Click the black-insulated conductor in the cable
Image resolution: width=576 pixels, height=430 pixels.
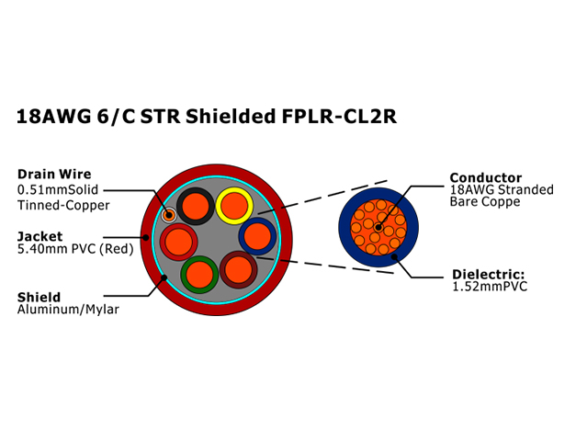[x=196, y=206]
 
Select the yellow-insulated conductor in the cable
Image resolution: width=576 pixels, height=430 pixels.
[x=234, y=206]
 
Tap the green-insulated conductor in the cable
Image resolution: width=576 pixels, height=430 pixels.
[x=199, y=275]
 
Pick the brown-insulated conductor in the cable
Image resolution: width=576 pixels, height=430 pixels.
[x=238, y=270]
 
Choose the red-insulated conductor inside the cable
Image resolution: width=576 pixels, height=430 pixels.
[x=178, y=243]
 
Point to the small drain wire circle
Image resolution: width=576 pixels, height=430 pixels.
[x=169, y=215]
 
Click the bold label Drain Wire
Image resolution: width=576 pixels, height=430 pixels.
[x=54, y=175]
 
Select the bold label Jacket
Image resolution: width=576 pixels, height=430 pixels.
[x=40, y=236]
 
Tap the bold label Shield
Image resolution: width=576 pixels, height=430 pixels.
[x=39, y=297]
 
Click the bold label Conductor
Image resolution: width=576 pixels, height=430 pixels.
[x=486, y=178]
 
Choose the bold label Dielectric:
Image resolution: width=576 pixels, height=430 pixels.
[x=489, y=274]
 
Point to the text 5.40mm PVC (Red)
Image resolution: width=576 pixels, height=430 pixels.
[x=75, y=249]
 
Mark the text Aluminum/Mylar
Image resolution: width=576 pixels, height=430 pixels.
[x=68, y=310]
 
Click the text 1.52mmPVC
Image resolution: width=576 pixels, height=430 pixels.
[x=490, y=287]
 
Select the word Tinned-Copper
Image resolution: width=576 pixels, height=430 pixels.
[x=63, y=205]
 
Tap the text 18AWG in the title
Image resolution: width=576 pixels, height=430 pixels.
[x=53, y=117]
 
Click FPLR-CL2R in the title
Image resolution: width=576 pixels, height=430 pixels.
[x=339, y=117]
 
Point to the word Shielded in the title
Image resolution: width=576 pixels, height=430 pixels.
[x=231, y=117]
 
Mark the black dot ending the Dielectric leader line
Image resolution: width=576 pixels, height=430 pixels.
[x=394, y=256]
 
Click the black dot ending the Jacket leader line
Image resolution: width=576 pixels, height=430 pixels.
[x=146, y=237]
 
